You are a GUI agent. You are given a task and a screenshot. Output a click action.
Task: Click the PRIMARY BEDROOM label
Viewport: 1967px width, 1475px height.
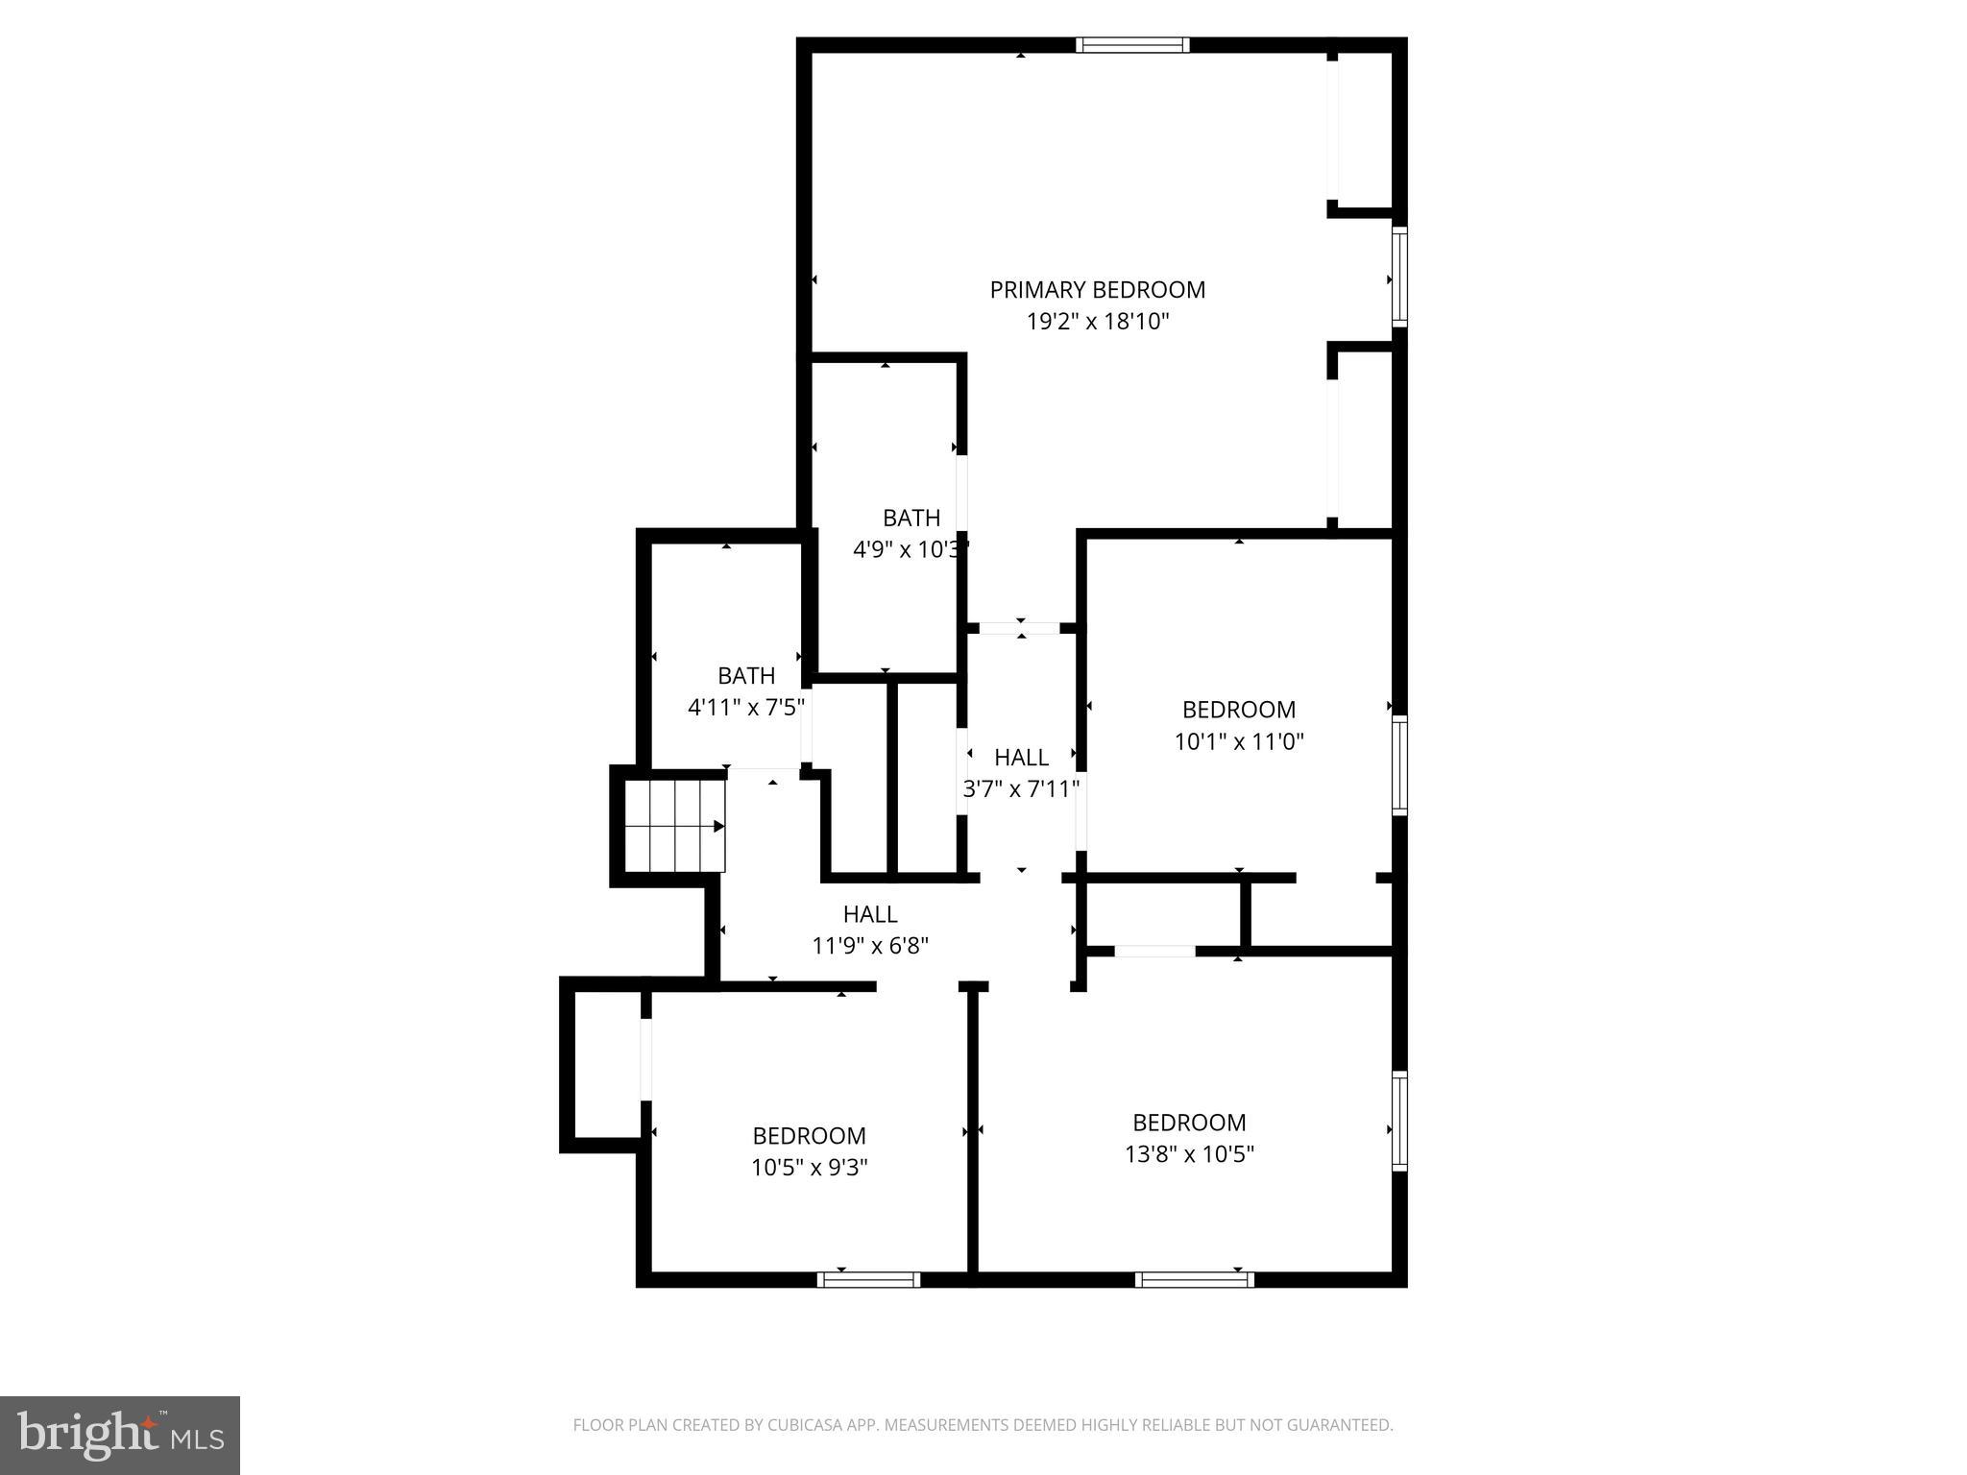[x=1097, y=289]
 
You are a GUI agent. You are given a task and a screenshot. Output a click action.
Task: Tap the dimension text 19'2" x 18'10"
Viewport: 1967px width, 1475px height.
[x=1097, y=322]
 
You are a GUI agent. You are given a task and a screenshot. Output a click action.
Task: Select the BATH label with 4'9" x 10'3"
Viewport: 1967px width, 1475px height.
[x=911, y=519]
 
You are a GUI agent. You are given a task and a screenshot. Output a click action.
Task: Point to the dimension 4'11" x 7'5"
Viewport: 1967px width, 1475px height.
[x=745, y=708]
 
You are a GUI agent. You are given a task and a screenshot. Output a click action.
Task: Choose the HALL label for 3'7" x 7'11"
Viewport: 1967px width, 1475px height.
[x=1021, y=758]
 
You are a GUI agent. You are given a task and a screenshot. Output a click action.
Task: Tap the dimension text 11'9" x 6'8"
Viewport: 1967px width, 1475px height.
[x=870, y=946]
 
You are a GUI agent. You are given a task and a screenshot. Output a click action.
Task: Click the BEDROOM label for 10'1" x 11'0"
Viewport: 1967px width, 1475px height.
[x=1238, y=710]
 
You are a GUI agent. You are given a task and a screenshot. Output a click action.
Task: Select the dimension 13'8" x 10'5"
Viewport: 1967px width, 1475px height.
[x=1189, y=1153]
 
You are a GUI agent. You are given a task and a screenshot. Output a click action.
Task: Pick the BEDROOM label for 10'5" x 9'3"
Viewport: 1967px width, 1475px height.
[x=809, y=1136]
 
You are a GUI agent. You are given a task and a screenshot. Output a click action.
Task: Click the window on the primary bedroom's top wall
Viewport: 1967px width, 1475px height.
[x=1132, y=45]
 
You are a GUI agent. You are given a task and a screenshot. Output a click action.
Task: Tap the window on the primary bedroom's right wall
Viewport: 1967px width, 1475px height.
[x=1399, y=277]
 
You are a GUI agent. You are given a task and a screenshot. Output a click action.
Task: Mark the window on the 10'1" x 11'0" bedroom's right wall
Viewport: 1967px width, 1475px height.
[x=1399, y=765]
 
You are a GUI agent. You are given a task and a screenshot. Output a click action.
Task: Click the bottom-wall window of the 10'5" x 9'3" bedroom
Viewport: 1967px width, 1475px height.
[x=868, y=1279]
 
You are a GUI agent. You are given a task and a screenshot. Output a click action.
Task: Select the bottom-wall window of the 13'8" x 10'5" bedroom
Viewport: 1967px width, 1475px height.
[x=1194, y=1279]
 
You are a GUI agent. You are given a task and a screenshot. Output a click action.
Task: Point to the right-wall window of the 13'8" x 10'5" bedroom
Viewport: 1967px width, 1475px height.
[x=1399, y=1121]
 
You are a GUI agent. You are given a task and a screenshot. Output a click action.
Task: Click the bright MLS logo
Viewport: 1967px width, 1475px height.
[x=119, y=1435]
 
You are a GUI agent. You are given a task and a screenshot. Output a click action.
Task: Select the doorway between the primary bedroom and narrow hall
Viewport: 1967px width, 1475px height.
[x=1020, y=628]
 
